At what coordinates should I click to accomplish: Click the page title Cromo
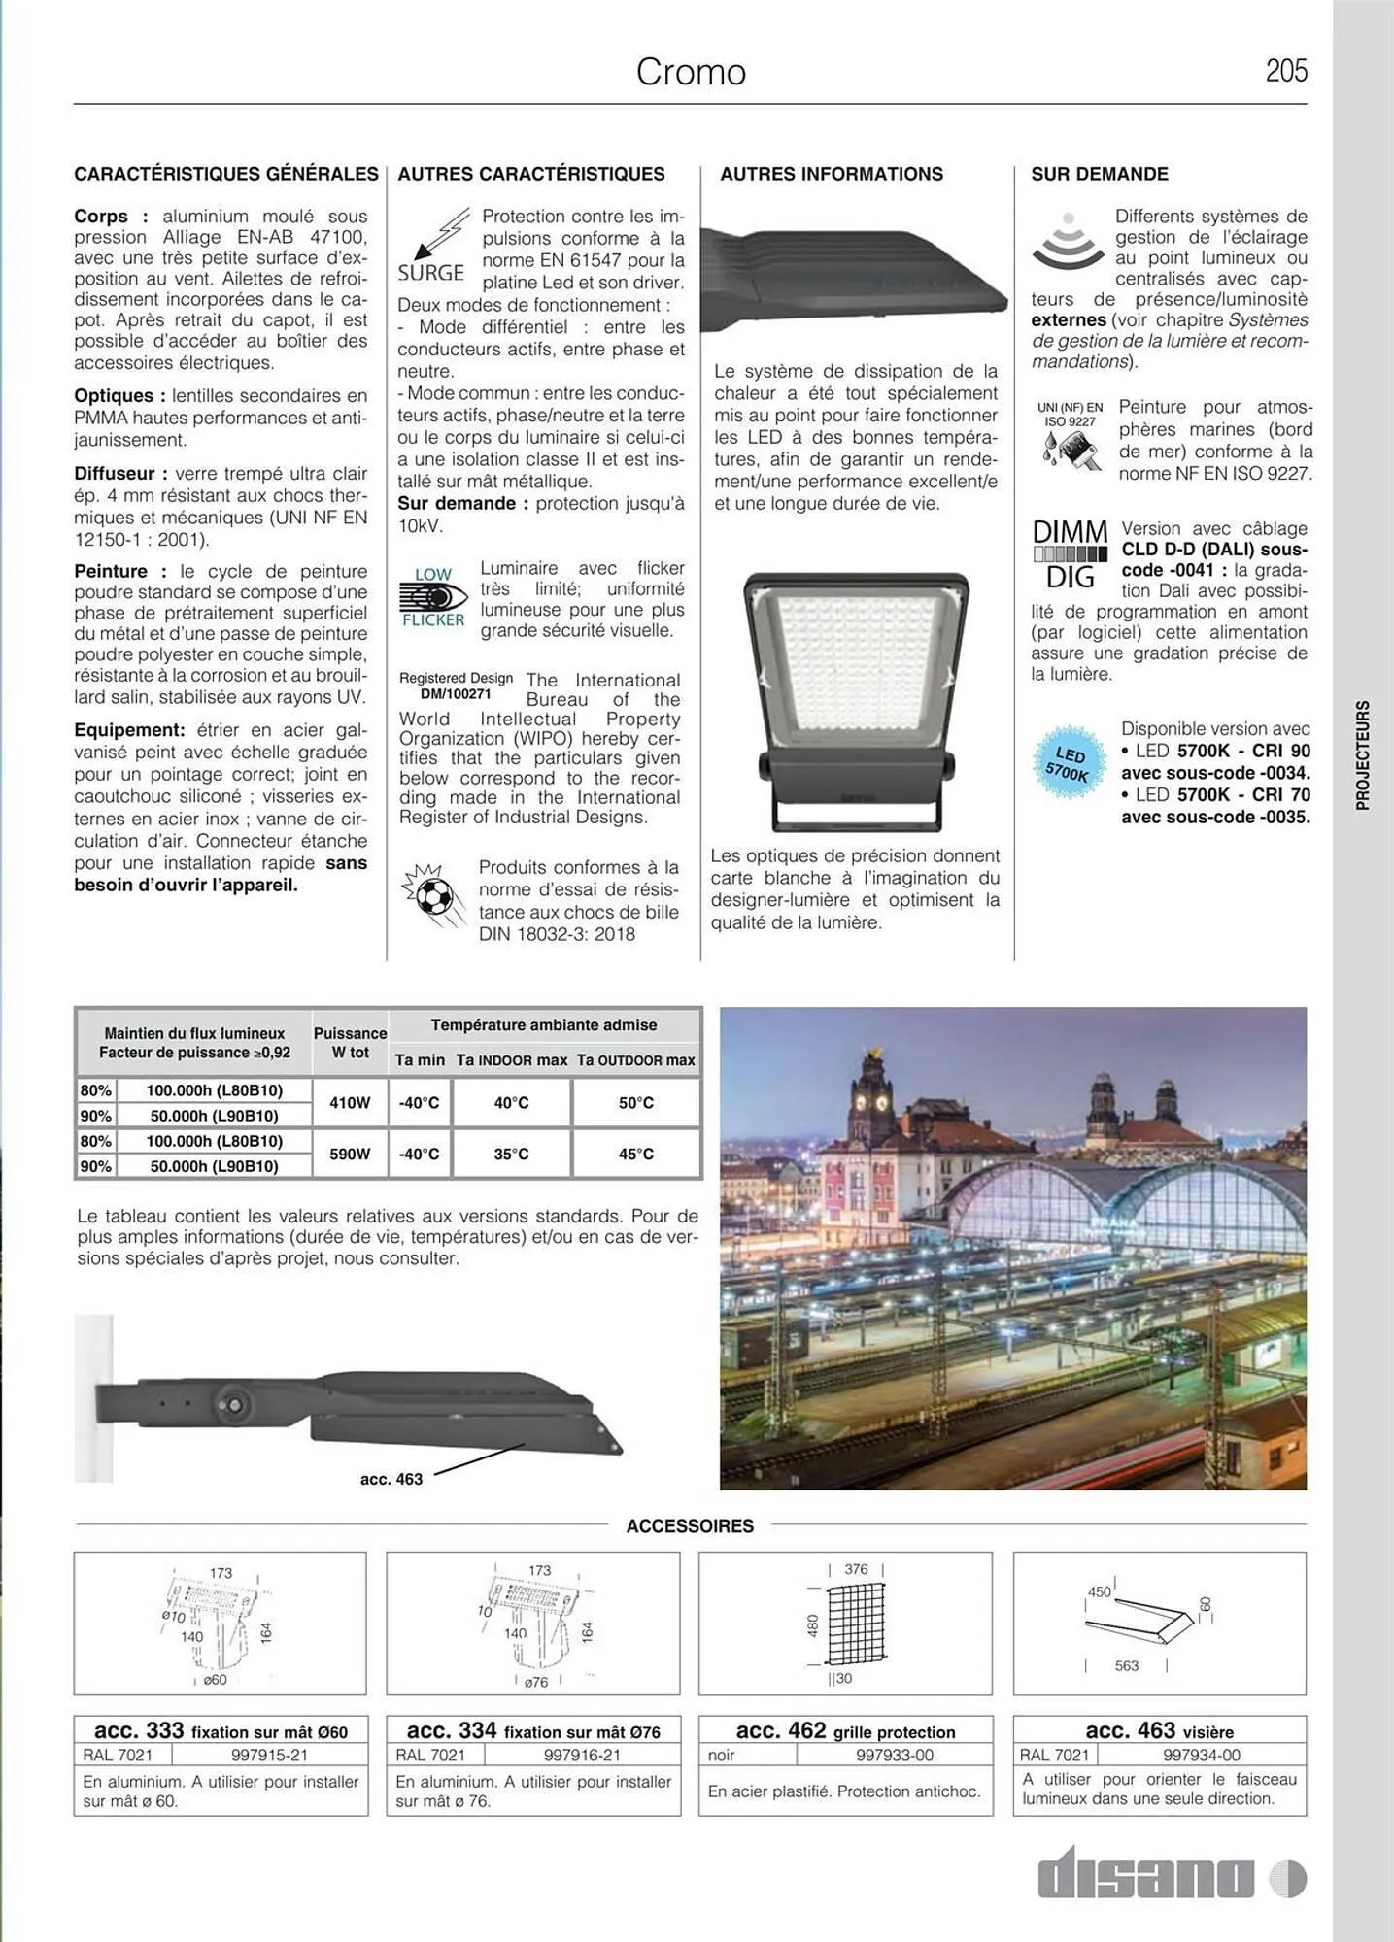[691, 72]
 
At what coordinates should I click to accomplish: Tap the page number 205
[1285, 71]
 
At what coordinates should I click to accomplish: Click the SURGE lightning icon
[433, 246]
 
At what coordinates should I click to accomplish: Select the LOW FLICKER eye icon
[432, 597]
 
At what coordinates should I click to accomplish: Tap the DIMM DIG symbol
[1070, 554]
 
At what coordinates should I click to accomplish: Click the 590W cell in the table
[350, 1154]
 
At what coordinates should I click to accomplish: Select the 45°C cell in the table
[636, 1154]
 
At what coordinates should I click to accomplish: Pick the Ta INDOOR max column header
[511, 1060]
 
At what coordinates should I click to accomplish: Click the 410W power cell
[350, 1103]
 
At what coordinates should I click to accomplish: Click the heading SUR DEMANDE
[1099, 174]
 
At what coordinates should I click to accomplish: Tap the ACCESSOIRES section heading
[690, 1525]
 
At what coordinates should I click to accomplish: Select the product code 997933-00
[895, 1755]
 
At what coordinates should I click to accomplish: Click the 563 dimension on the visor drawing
[1126, 1665]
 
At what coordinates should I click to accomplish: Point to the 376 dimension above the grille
[856, 1569]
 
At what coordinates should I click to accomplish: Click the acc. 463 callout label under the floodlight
[391, 1479]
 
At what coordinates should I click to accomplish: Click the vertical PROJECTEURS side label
[1362, 755]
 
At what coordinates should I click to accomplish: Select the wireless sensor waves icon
[1068, 242]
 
